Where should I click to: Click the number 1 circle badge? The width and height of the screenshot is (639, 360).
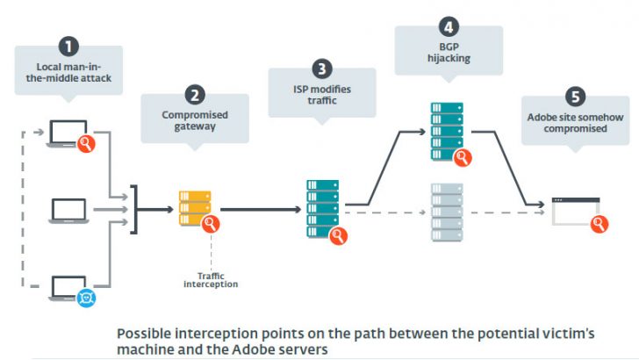coord(68,47)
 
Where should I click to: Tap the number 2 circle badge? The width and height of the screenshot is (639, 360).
coord(195,95)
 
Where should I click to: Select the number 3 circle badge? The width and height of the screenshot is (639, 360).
coord(322,68)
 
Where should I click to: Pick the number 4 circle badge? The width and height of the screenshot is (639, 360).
coord(449,27)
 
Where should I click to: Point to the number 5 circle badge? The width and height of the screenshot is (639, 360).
coord(576,97)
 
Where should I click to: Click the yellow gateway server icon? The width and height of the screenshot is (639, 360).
coord(195,208)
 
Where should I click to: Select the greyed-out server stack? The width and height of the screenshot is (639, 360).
coord(447,212)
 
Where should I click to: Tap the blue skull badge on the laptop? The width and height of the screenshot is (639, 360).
coord(86,298)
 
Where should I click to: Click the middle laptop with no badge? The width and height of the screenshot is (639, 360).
coord(68,211)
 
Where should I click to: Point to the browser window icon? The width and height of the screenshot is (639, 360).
coord(576,212)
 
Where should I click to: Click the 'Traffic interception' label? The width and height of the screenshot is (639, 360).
coord(211,280)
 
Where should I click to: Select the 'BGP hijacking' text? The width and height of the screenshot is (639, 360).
coord(449,53)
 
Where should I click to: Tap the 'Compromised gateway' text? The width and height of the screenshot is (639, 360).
coord(195,120)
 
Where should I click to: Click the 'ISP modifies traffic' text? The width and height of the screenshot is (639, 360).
coord(322,95)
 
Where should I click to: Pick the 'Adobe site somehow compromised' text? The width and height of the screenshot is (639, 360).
coord(576,123)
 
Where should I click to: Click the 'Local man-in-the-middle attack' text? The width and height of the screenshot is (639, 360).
coord(68,73)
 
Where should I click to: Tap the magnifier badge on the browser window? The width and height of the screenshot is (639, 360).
coord(599,224)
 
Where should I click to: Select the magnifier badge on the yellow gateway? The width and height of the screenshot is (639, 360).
coord(211,223)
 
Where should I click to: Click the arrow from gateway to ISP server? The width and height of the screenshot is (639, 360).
coord(261,210)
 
